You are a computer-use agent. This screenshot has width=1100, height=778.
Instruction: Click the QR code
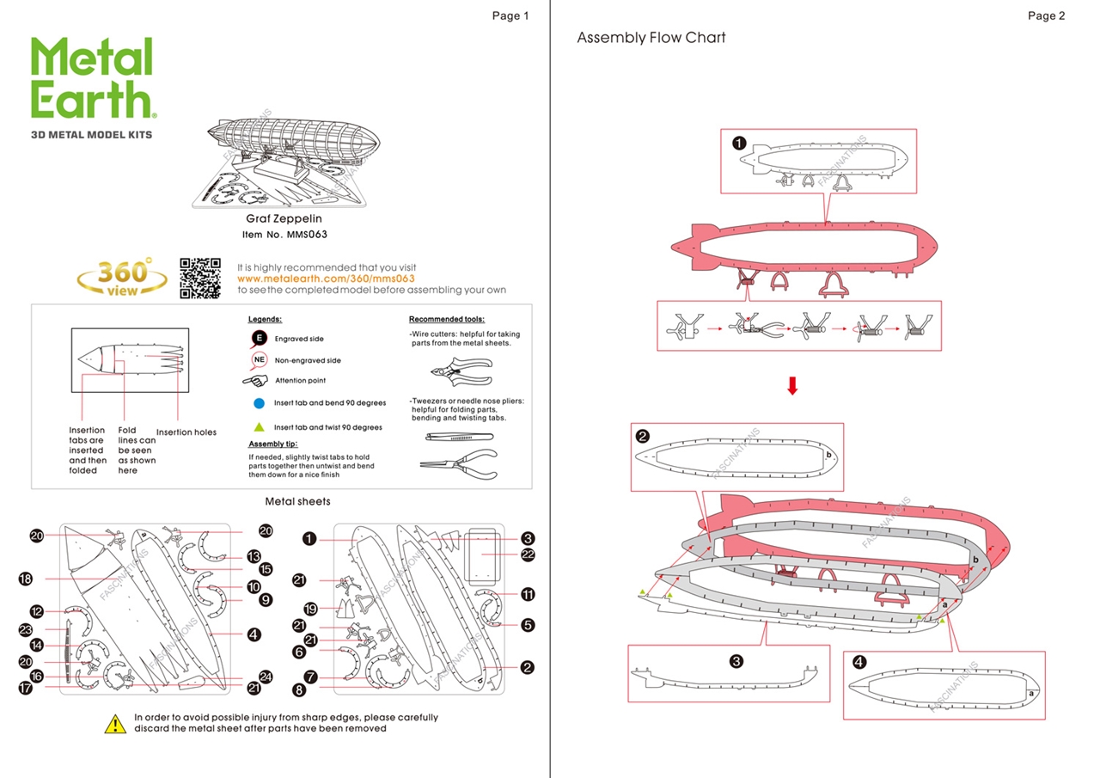click(200, 278)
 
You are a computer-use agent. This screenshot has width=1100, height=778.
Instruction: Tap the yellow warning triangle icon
click(115, 724)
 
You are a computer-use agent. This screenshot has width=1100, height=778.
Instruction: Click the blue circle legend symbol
click(259, 402)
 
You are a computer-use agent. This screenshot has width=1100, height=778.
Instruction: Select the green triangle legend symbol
click(259, 426)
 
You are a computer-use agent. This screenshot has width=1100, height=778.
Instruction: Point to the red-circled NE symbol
click(259, 360)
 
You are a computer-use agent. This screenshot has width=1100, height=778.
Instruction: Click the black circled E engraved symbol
click(259, 338)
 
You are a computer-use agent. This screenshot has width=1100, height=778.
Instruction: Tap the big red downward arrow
click(792, 388)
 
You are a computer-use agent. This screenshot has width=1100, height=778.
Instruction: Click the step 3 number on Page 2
click(736, 661)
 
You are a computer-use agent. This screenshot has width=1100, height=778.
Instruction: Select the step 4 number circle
click(860, 661)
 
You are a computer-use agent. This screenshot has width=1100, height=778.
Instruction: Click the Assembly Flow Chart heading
click(651, 38)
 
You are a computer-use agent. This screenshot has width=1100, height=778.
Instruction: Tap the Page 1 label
click(510, 15)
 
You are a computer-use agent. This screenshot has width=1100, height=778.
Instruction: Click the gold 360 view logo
click(122, 278)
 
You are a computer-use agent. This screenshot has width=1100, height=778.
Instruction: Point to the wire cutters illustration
click(461, 372)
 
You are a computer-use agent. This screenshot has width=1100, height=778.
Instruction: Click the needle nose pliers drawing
click(459, 465)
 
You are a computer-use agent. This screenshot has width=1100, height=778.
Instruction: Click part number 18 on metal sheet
click(26, 579)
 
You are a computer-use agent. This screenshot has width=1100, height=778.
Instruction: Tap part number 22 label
click(528, 554)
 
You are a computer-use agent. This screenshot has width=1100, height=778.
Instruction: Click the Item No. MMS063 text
click(284, 234)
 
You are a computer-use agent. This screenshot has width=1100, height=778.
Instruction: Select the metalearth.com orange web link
click(326, 279)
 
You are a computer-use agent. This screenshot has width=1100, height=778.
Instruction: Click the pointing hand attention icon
click(256, 380)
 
